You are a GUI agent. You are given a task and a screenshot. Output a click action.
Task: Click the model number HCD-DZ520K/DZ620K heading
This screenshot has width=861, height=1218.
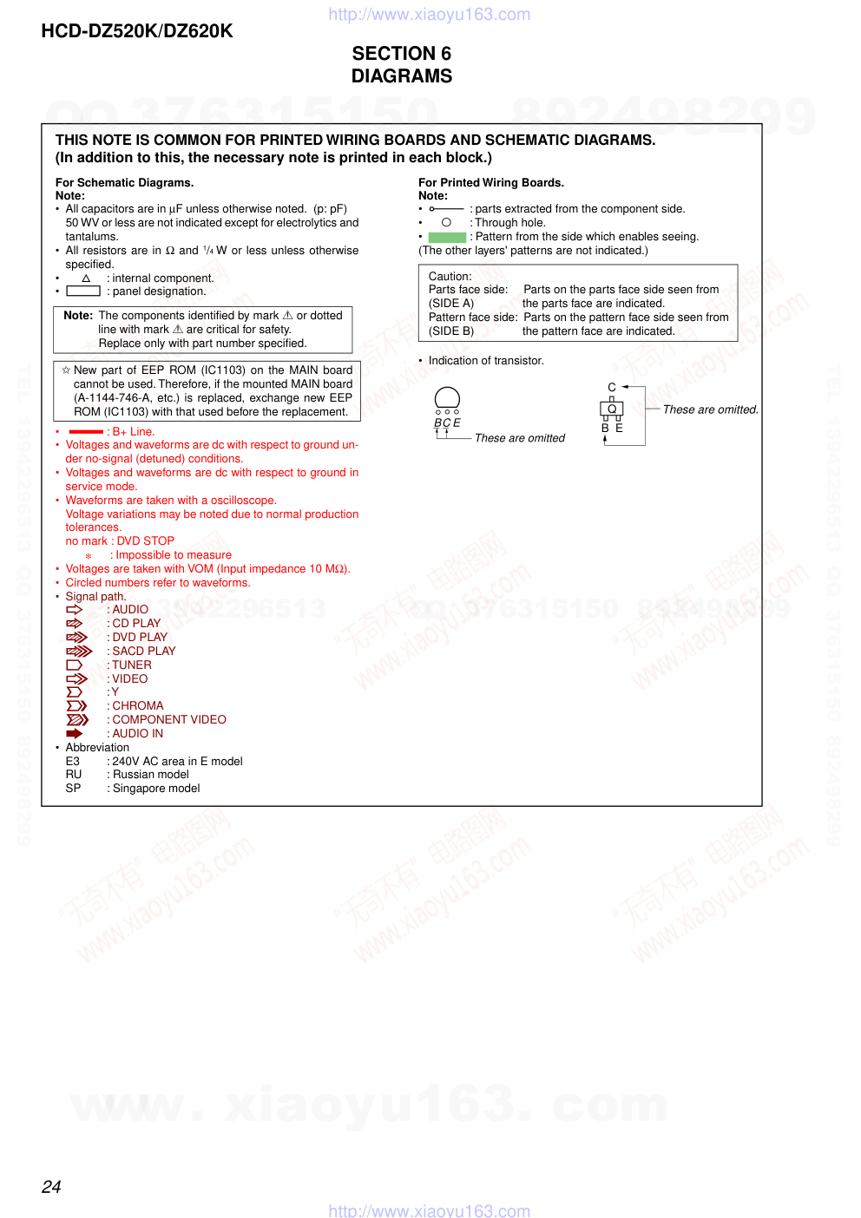tap(137, 31)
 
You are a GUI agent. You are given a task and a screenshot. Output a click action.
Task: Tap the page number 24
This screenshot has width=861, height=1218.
tap(51, 1187)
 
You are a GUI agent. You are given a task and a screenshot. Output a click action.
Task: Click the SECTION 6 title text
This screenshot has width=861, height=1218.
tap(401, 54)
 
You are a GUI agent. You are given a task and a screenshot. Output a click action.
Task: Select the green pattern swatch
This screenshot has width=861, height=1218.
tap(447, 237)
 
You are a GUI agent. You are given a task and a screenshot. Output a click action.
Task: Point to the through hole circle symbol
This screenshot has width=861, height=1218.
tap(446, 223)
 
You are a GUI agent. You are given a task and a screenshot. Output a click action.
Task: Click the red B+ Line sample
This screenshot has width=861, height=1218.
tap(86, 432)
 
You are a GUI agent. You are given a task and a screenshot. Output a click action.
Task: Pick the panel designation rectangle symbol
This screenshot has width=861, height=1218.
tap(83, 291)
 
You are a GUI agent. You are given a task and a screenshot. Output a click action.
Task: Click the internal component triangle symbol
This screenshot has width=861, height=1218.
tap(86, 278)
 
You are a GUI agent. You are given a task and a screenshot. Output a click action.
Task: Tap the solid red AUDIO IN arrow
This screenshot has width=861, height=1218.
tap(75, 734)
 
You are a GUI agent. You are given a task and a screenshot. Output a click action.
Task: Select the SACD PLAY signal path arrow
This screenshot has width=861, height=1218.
tap(79, 652)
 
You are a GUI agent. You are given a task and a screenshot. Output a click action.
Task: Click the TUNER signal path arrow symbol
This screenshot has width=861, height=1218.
tap(75, 665)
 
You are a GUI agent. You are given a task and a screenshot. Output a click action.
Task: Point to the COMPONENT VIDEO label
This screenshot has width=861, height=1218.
tap(168, 720)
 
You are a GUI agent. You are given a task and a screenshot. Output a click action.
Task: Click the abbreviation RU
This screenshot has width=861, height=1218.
tap(74, 775)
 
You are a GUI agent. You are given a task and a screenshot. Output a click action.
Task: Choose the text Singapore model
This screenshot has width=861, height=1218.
tap(156, 789)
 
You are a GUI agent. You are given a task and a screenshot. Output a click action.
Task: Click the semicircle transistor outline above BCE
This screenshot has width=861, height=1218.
tap(447, 398)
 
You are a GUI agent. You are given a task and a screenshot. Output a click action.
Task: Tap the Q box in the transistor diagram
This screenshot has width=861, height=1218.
tap(612, 409)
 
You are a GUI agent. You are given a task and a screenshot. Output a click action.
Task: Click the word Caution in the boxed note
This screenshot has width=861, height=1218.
tap(450, 277)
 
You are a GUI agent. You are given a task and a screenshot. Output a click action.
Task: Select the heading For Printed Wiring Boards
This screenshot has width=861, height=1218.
tap(491, 183)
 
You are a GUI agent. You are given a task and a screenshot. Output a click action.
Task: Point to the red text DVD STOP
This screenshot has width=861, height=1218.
tap(146, 541)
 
